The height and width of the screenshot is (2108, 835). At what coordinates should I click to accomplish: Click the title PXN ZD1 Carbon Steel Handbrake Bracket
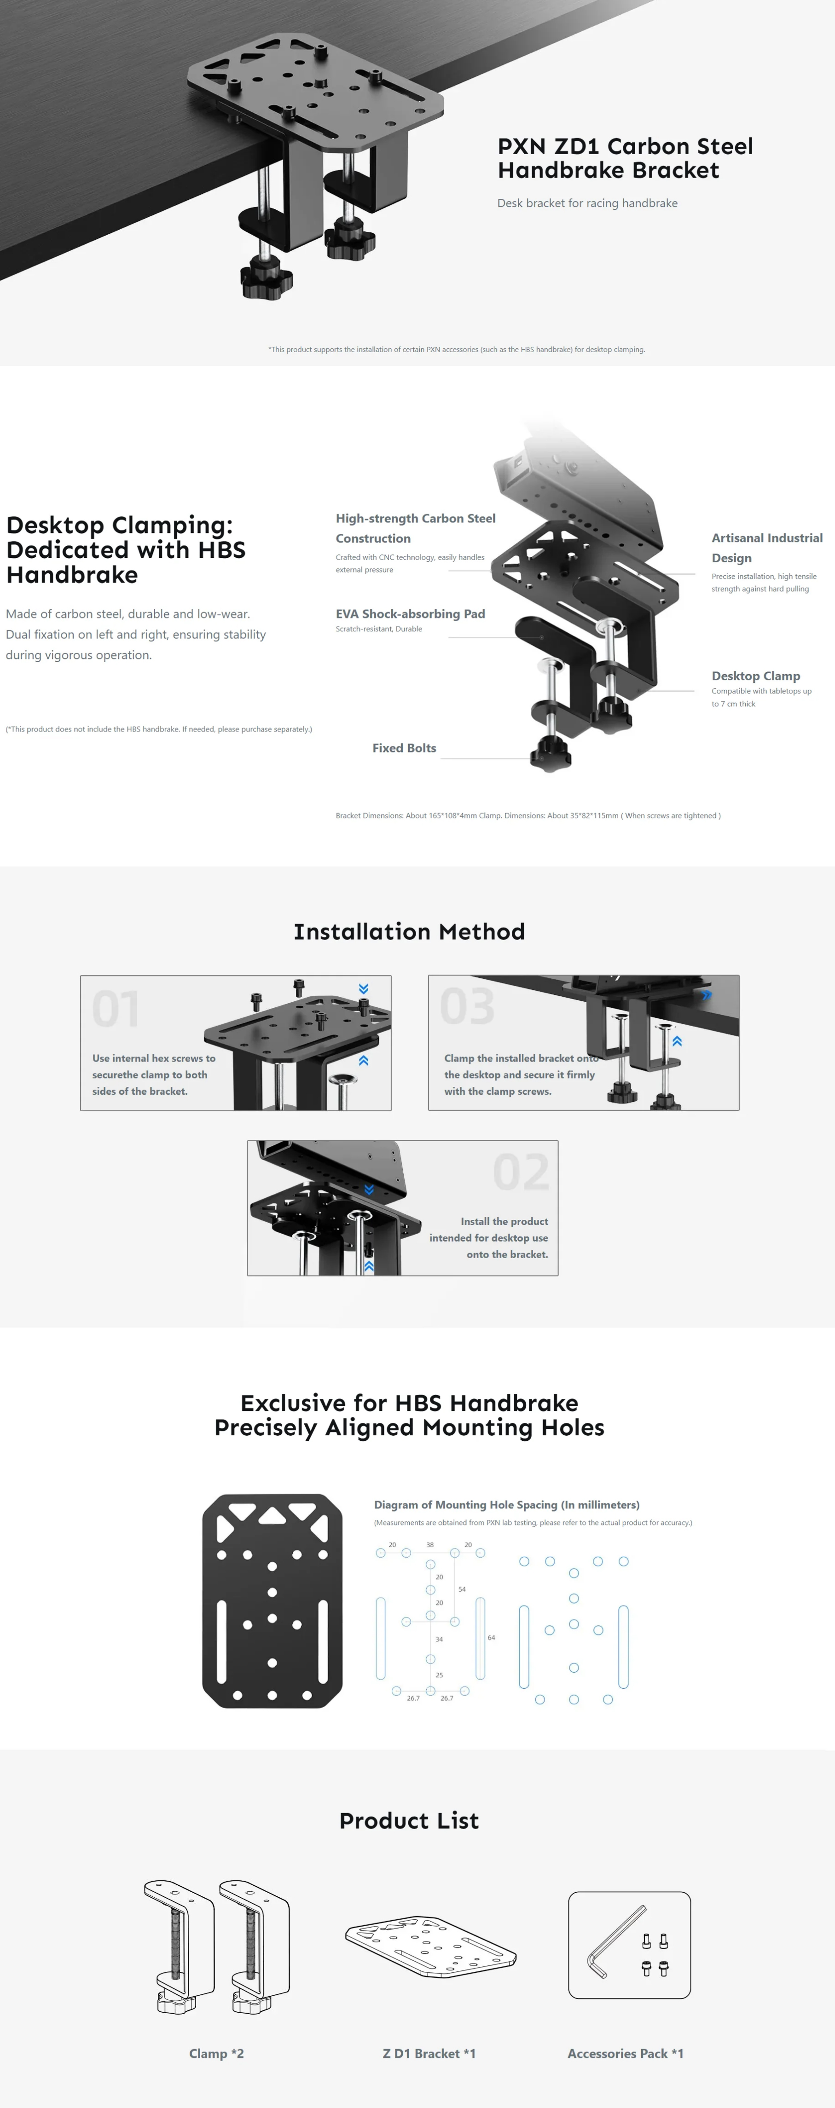625,158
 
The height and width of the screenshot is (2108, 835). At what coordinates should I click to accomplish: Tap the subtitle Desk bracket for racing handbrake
587,203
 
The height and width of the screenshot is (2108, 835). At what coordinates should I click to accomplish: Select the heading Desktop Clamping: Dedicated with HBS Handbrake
125,549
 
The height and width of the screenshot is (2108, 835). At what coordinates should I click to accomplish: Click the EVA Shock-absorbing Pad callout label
410,614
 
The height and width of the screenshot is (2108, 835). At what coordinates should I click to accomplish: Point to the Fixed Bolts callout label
405,748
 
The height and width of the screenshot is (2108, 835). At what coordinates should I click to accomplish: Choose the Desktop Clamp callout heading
755,676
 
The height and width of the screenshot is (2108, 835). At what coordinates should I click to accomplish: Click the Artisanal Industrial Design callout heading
767,548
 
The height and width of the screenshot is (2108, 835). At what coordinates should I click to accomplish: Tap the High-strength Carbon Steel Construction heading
415,528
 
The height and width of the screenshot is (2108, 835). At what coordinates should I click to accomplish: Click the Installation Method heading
409,931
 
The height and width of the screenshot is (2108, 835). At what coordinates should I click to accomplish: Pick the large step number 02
521,1172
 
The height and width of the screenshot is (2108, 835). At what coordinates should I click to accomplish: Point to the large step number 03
467,1006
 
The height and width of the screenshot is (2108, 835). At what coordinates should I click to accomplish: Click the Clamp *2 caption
216,2053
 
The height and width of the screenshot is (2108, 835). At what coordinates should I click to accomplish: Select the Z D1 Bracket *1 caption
429,2053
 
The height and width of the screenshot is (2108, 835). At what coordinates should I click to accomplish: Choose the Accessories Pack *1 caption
626,2053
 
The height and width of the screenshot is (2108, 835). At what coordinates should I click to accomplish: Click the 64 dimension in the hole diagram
491,1637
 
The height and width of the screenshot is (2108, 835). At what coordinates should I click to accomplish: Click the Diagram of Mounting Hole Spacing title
507,1505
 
